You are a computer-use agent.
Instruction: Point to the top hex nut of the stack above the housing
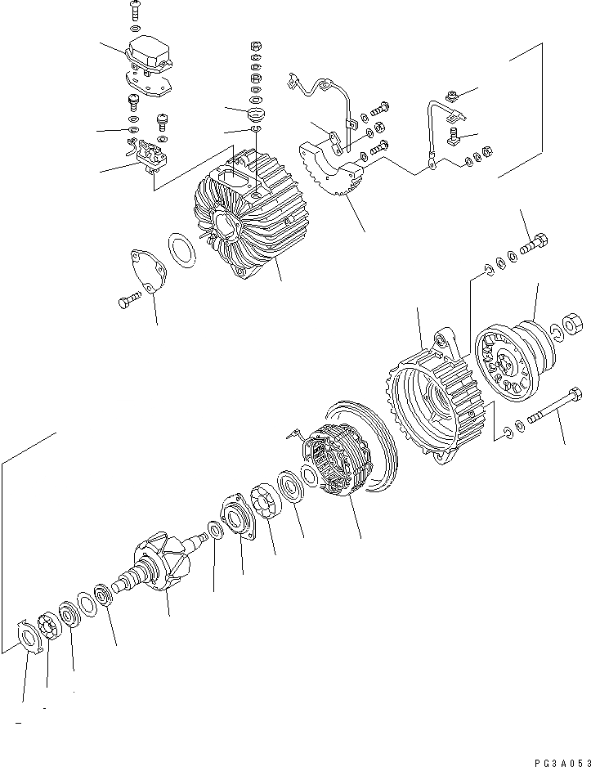(x=254, y=45)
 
